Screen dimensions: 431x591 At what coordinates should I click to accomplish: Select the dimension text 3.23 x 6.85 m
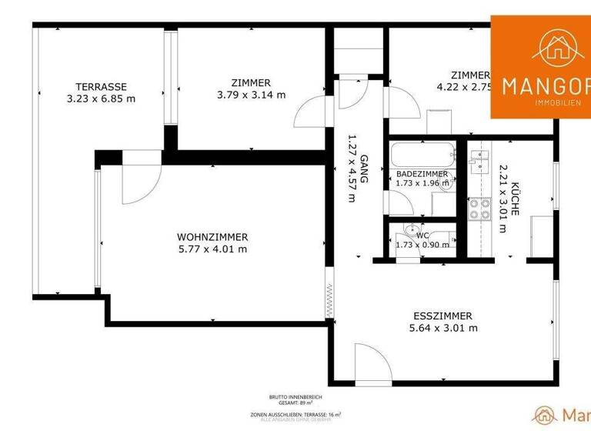click(x=101, y=99)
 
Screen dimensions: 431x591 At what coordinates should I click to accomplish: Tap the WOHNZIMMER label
click(x=212, y=236)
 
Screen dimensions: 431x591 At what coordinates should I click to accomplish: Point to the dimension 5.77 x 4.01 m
click(x=212, y=249)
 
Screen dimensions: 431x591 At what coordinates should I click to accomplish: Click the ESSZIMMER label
click(x=442, y=316)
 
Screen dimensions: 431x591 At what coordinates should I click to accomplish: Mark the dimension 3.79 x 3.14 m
click(x=251, y=95)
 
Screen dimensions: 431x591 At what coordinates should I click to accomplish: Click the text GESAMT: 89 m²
click(x=295, y=403)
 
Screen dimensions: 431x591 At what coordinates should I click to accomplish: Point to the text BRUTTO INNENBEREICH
click(x=295, y=396)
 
